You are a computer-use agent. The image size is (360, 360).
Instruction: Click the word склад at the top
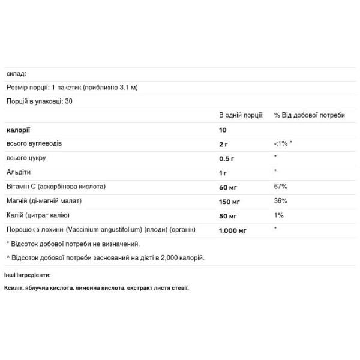point(16,74)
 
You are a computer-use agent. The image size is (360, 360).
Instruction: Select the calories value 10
point(223,130)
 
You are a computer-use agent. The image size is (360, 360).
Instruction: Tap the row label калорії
point(18,130)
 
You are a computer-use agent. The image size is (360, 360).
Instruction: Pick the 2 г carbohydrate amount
point(223,144)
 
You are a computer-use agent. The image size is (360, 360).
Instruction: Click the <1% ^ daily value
point(283,144)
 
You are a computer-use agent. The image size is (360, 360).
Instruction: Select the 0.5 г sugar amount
point(226,158)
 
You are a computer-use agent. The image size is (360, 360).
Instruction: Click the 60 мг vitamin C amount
point(227,187)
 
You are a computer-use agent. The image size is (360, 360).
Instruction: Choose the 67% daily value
point(280,187)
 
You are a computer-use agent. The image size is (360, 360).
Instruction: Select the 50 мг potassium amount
point(227,215)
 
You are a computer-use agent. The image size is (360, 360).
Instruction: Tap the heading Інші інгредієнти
point(28,275)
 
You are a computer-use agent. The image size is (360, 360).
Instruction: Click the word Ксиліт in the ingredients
point(14,288)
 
